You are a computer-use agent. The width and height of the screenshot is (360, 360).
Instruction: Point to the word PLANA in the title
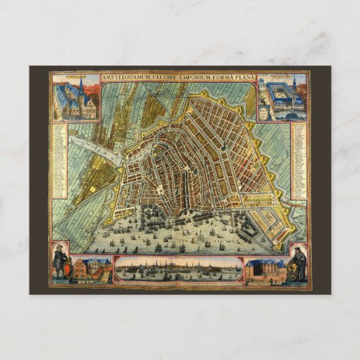click(245, 77)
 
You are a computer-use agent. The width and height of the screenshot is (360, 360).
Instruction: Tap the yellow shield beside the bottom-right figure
click(290, 271)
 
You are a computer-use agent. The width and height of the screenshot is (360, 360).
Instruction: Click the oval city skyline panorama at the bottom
click(178, 270)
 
